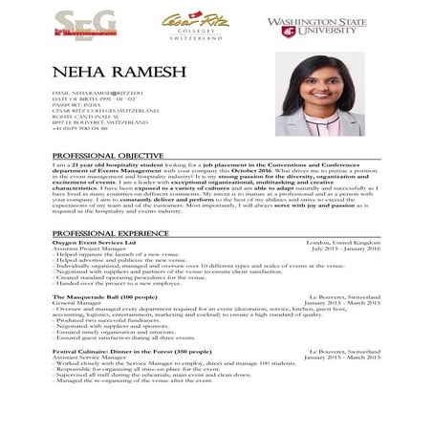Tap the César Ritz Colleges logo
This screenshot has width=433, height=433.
tap(197, 25)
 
